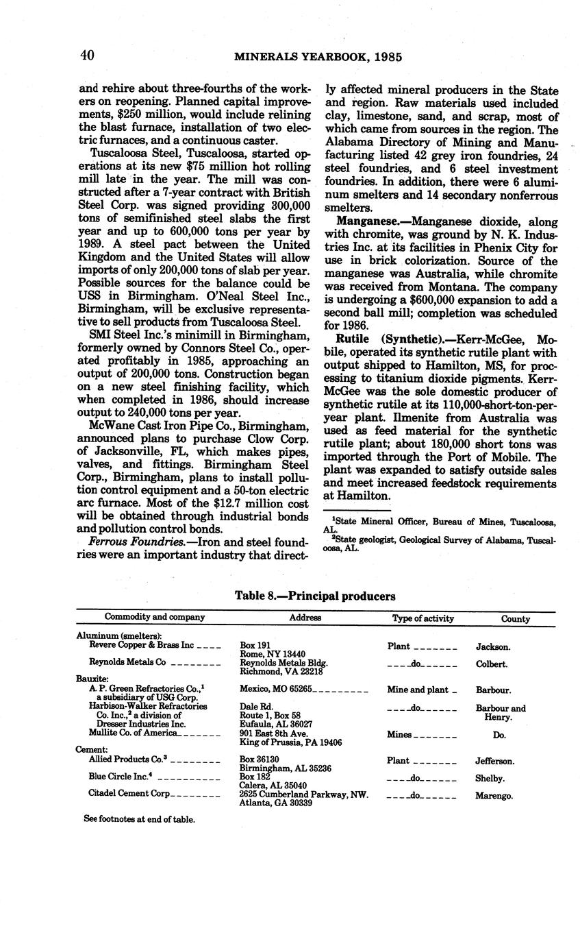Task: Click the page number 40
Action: [86, 56]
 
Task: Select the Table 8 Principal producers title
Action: [315, 596]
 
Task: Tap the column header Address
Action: [305, 618]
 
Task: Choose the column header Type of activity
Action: [423, 618]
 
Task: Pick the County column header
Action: [515, 618]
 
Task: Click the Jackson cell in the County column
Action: [492, 646]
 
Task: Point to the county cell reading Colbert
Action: [492, 664]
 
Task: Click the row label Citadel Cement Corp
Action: [129, 795]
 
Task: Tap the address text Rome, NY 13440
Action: [273, 654]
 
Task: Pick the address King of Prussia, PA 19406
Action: [291, 742]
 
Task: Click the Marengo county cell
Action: [494, 796]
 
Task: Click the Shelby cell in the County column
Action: [490, 779]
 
